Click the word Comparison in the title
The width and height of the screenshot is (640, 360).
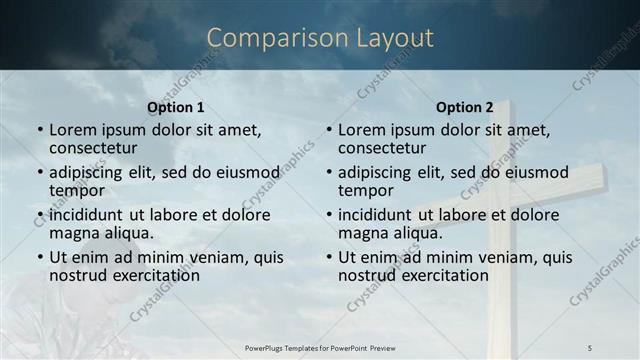click(268, 38)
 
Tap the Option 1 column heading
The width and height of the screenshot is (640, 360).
click(176, 107)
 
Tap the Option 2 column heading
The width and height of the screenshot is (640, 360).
click(465, 107)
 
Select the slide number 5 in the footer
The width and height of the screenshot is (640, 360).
click(589, 347)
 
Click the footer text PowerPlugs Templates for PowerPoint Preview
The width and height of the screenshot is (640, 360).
click(319, 347)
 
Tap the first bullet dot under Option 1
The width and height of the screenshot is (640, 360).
click(40, 131)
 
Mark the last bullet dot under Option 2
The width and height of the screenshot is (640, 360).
click(329, 257)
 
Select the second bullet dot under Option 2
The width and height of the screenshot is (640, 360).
click(329, 173)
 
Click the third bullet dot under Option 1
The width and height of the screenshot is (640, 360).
click(40, 215)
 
